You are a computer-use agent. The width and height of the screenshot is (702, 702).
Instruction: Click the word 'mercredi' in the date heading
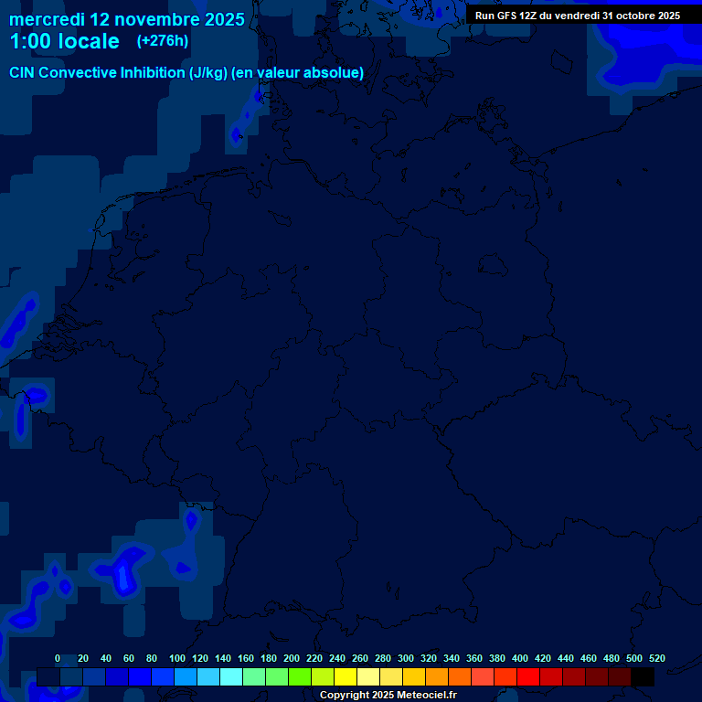coord(47,19)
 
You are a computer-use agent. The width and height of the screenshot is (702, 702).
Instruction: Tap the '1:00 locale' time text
coord(64,41)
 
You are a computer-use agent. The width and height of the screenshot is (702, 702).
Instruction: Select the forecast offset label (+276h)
coord(163,41)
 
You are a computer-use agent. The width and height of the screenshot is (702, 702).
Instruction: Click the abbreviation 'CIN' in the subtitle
coord(24,73)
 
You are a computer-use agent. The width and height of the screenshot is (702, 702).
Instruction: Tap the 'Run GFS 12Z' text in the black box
coord(505,16)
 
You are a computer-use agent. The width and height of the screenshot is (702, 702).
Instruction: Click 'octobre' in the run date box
coord(630,16)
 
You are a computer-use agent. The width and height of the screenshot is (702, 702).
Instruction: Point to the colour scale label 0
coord(58,658)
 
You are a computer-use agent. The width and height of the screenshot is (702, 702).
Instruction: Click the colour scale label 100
coord(177,658)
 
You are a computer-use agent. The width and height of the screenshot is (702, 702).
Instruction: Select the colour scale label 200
coord(292,658)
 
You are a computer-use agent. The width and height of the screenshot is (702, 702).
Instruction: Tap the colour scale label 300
coord(406,658)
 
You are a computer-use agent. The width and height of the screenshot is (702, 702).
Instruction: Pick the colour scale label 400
coord(520,658)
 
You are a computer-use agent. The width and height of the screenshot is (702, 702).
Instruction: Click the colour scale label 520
coord(656,658)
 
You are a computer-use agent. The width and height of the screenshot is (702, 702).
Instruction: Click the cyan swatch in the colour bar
coord(231,677)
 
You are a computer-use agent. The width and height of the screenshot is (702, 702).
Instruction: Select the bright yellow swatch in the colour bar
coord(346,677)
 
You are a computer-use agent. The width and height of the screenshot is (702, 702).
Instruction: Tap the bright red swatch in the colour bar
coord(528,677)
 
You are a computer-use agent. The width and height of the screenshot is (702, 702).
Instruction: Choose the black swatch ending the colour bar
coord(643,677)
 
